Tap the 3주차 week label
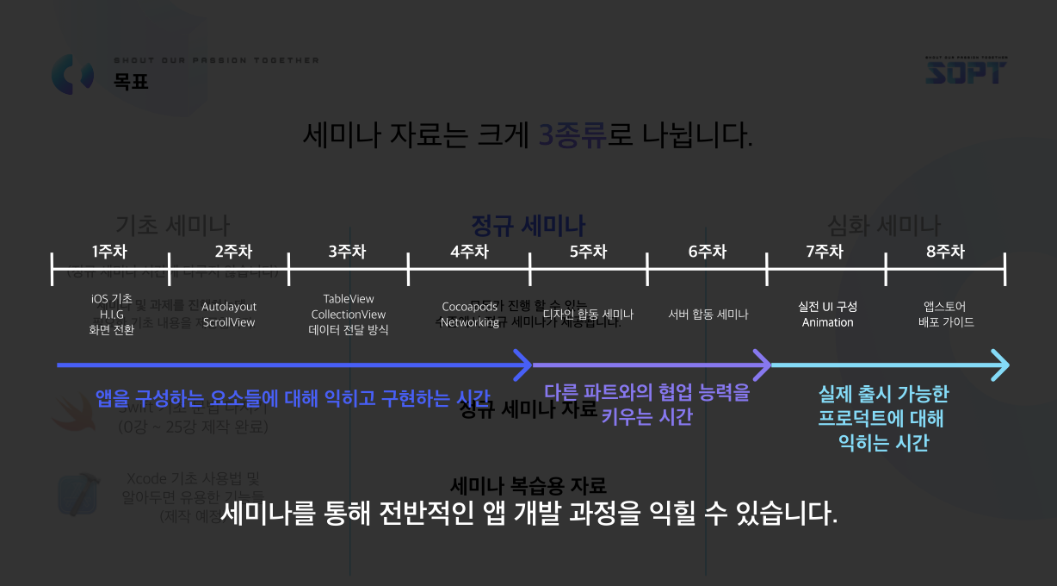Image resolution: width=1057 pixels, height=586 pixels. (x=347, y=252)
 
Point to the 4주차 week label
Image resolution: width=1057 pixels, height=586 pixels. (x=469, y=252)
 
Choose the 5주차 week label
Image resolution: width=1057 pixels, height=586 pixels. (x=589, y=252)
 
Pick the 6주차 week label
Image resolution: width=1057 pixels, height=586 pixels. (x=708, y=252)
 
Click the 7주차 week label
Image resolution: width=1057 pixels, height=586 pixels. (x=825, y=252)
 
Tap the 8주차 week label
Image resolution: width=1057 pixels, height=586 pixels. (x=945, y=252)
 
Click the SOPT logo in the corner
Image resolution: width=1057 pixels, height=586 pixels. (x=966, y=72)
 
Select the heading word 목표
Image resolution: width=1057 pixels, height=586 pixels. (x=131, y=82)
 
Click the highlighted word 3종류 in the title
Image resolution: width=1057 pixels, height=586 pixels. (x=572, y=135)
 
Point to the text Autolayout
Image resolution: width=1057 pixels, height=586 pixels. (x=229, y=307)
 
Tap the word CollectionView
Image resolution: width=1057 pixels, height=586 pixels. (x=349, y=315)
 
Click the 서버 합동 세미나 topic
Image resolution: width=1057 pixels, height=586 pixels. (x=708, y=315)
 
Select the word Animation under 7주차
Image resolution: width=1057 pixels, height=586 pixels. (x=827, y=322)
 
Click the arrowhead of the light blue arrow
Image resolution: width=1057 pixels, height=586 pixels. (x=998, y=365)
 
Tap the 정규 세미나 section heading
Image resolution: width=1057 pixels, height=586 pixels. (x=528, y=226)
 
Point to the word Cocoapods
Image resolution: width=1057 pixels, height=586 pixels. (x=469, y=307)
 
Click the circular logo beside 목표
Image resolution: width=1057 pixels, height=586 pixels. (x=72, y=74)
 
